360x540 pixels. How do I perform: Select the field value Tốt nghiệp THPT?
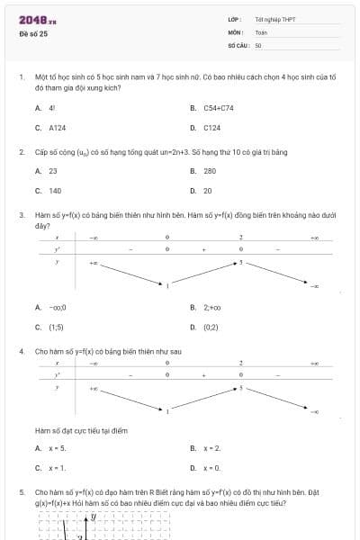click(x=275, y=19)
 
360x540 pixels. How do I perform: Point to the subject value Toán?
click(x=262, y=31)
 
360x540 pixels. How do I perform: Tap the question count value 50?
click(x=258, y=44)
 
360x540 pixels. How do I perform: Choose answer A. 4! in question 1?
click(x=46, y=107)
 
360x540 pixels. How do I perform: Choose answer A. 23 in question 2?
click(x=47, y=170)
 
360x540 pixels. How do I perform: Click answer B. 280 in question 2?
click(x=203, y=170)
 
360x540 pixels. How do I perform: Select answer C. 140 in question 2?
click(x=49, y=191)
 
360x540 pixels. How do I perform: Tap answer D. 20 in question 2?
click(x=202, y=191)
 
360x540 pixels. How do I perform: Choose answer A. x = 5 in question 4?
click(x=50, y=447)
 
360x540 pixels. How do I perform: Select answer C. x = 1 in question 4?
click(x=50, y=468)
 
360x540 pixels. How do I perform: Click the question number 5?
click(x=21, y=493)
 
